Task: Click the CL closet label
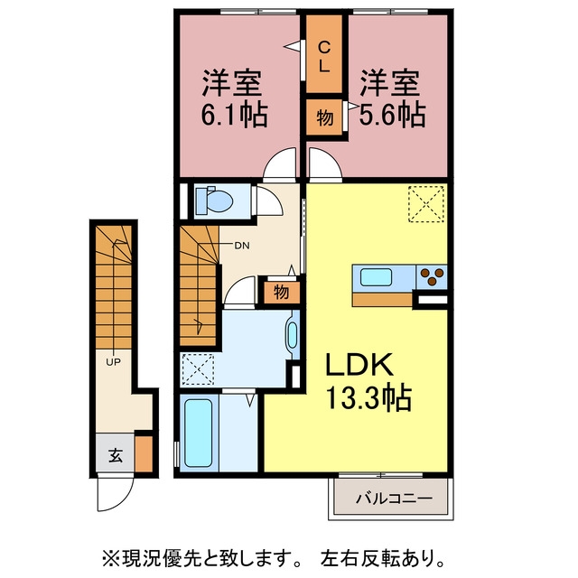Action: [323, 57]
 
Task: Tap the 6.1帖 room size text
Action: [234, 116]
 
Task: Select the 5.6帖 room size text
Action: [393, 116]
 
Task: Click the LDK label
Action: [359, 364]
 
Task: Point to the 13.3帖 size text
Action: [368, 397]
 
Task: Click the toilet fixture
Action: [214, 200]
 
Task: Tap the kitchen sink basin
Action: [376, 277]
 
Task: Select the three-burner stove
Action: [432, 277]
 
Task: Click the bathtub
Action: [199, 433]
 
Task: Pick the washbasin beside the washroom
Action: [292, 335]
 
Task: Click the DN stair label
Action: [242, 246]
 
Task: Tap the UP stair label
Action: [113, 362]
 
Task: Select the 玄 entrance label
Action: [116, 456]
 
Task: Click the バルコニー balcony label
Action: [394, 499]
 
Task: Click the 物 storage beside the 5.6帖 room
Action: [325, 118]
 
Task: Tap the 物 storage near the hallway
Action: [281, 293]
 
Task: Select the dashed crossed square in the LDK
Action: [426, 204]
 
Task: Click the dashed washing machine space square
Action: [198, 369]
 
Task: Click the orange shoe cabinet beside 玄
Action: [144, 453]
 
